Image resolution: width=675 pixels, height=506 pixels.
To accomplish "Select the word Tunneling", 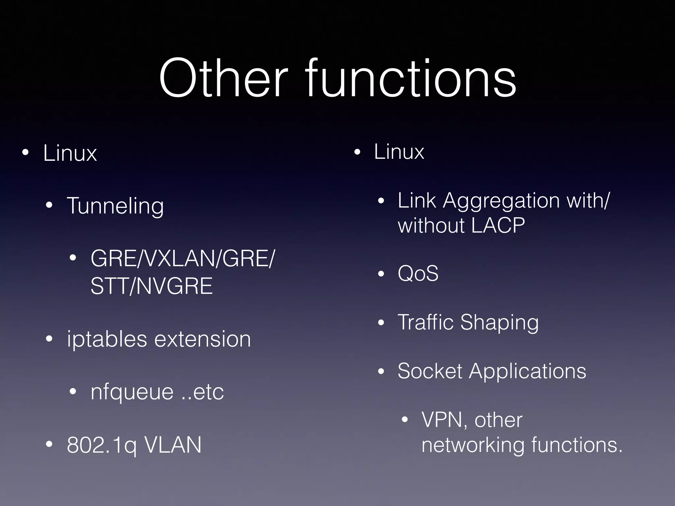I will point(115,206).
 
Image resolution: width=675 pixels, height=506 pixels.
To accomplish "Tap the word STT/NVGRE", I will point(151,286).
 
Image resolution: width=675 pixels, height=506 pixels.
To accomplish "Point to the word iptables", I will point(107,339).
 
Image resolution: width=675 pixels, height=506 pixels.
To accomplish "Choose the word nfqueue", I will point(132,392).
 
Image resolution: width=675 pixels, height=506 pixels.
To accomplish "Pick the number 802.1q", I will point(102,445).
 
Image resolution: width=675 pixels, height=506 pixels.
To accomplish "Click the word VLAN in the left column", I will point(173,445).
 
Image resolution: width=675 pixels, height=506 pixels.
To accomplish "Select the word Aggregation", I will point(501,201).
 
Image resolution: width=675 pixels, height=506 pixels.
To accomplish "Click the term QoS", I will point(418,273).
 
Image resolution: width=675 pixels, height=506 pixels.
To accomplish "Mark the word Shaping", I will point(499,323).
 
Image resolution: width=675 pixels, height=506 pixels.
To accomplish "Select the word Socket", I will point(430,371).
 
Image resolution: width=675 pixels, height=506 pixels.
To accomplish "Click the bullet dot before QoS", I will point(381,274).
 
